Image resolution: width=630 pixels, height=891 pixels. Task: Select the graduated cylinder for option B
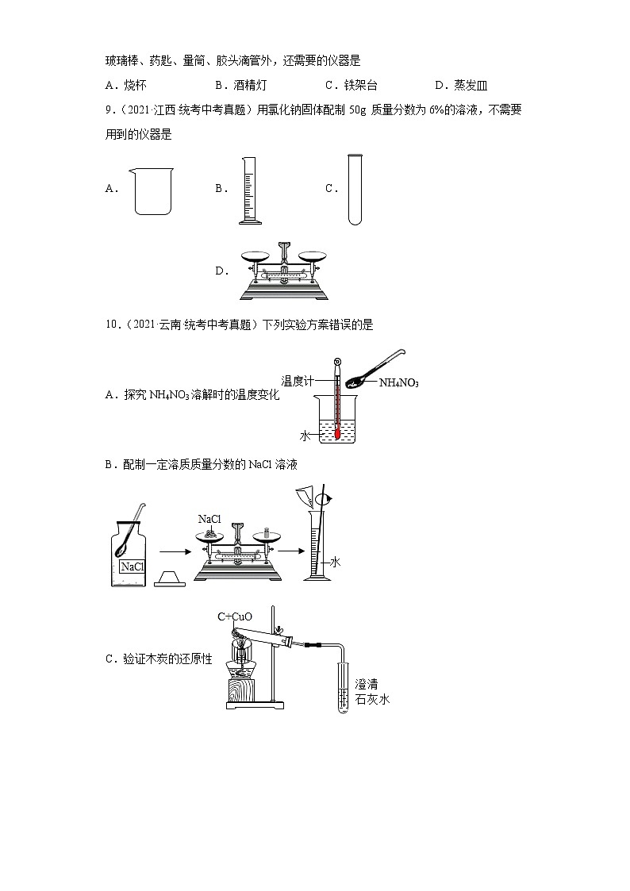pos(249,190)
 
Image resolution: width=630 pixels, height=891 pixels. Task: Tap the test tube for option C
pos(354,190)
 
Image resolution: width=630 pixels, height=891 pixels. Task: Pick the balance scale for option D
pos(284,271)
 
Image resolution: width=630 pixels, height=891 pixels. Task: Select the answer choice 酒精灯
pos(245,86)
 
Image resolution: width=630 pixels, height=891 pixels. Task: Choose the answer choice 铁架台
pos(361,86)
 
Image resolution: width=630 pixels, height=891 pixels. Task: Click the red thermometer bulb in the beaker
pos(337,433)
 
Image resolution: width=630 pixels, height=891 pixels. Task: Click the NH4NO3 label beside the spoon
pos(398,383)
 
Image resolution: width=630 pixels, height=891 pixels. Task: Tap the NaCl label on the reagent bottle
pos(131,566)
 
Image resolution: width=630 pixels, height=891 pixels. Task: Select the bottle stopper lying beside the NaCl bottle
pos(169,578)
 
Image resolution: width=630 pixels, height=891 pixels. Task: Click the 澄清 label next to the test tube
pos(367,684)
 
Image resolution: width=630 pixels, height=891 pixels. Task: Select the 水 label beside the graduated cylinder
pos(335,562)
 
